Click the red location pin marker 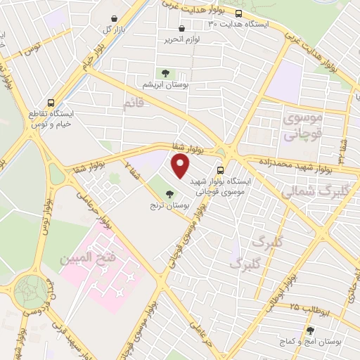coord(181,167)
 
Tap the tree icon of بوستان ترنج coord(167,193)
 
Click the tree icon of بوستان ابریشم coord(165,72)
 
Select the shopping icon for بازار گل coord(115,18)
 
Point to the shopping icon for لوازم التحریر coord(182,29)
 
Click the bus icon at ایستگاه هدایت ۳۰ coord(239,13)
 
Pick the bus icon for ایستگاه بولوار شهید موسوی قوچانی coord(221,169)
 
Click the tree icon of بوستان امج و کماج coord(310,330)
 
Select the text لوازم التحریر coord(181,39)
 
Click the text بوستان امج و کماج coord(309,342)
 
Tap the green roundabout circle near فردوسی coord(30,292)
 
